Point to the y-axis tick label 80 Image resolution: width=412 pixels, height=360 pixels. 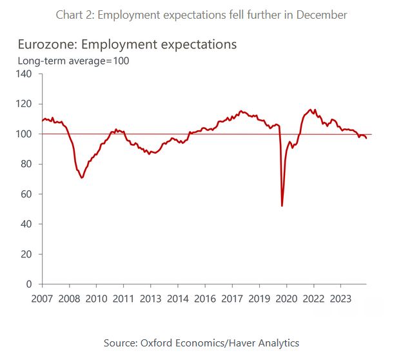point(27,164)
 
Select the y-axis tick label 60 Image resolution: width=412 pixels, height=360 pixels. point(27,194)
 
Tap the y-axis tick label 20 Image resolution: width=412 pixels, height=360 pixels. point(27,254)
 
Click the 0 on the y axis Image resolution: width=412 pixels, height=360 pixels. point(30,284)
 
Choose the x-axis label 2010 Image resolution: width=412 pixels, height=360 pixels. point(97,299)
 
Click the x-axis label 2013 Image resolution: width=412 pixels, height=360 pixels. point(151,299)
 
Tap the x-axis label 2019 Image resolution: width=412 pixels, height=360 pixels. point(259,299)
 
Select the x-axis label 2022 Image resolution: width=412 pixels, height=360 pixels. point(313,299)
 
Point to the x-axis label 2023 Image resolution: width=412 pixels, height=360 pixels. point(340,299)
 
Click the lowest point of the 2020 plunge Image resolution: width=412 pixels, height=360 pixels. point(282,206)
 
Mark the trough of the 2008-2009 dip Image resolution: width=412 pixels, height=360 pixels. point(82,177)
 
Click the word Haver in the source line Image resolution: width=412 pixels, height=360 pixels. point(240,343)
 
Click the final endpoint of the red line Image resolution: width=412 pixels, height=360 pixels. point(367,138)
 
